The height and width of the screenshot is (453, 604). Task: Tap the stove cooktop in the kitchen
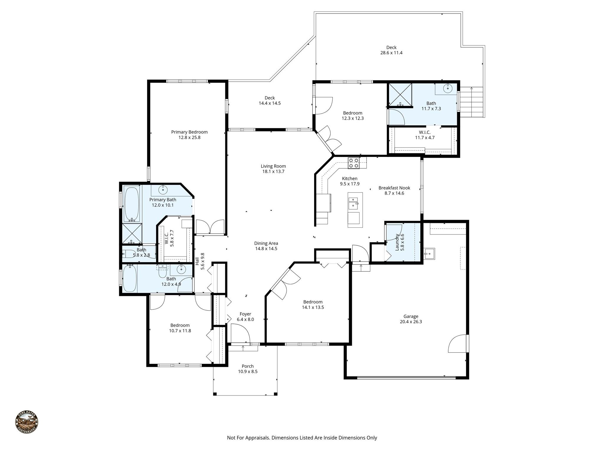pyautogui.click(x=353, y=163)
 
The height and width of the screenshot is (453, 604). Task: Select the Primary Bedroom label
pyautogui.click(x=189, y=132)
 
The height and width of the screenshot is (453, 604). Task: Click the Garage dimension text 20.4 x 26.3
pyautogui.click(x=411, y=322)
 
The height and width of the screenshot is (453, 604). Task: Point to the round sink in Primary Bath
pyautogui.click(x=163, y=190)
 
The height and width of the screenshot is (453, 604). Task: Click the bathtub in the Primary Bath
pyautogui.click(x=132, y=203)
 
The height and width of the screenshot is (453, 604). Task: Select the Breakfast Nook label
pyautogui.click(x=394, y=188)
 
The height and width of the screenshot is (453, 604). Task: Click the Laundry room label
pyautogui.click(x=397, y=242)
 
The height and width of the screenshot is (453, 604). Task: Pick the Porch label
pyautogui.click(x=247, y=366)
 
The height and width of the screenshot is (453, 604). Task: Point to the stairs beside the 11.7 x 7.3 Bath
pyautogui.click(x=472, y=102)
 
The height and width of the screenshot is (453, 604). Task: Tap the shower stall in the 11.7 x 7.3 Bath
pyautogui.click(x=400, y=95)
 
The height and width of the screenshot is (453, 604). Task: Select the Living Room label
pyautogui.click(x=273, y=166)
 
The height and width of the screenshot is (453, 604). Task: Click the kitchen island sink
pyautogui.click(x=353, y=203)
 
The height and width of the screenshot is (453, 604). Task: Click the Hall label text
pyautogui.click(x=197, y=261)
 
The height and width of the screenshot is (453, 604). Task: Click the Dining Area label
pyautogui.click(x=266, y=243)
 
